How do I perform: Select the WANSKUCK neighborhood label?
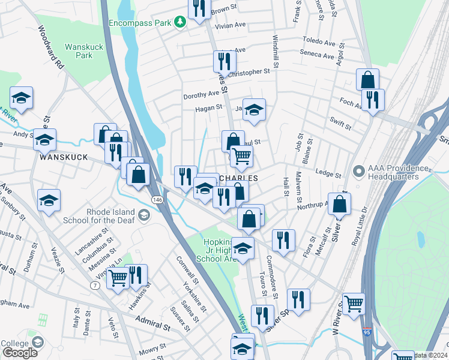pos(63,157)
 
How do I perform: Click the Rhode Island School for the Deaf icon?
pos(143,215)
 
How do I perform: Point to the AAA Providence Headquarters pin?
pos(360,172)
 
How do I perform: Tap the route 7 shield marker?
pos(95,285)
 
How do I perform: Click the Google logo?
pos(20,353)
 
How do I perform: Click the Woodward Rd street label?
pos(50,46)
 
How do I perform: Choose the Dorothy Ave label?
pos(201,94)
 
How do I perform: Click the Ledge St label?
pos(328,174)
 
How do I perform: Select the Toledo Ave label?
pos(319,43)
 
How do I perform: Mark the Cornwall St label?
pos(188,271)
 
